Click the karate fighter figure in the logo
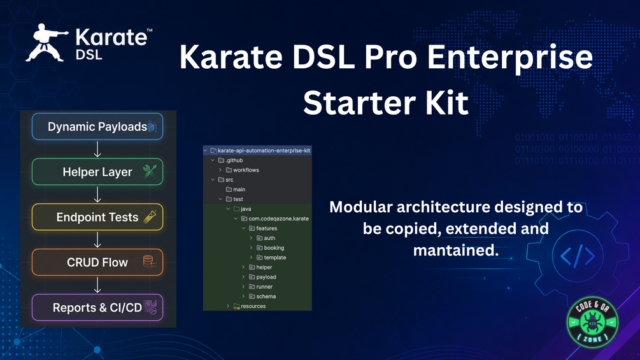[45, 43]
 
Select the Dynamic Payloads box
[97, 127]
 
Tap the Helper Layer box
[97, 172]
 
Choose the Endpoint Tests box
[97, 217]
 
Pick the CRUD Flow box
[97, 263]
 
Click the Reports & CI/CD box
[97, 308]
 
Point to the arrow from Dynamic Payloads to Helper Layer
[97, 149]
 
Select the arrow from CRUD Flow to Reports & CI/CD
[97, 285]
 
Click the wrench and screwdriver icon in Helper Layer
[150, 171]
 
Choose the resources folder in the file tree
[250, 306]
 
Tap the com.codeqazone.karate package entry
[275, 219]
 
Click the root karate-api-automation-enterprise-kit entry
[260, 150]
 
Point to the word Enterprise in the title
[510, 57]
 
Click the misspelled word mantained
[456, 250]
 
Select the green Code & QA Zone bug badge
[592, 322]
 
